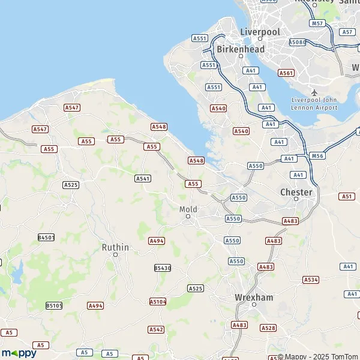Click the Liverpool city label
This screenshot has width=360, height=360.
260,31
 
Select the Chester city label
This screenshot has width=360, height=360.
296,192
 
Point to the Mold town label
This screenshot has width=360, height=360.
188,209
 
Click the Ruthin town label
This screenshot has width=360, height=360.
115,247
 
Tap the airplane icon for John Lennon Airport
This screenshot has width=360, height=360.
314,92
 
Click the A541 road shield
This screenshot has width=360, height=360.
143,178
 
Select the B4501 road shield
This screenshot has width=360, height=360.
46,238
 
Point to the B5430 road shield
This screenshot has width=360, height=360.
163,268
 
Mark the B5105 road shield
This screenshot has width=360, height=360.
54,305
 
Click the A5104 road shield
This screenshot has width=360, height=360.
158,301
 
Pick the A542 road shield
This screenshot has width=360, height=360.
156,329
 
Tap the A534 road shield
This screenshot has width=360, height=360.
311,280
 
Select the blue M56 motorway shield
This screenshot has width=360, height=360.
317,156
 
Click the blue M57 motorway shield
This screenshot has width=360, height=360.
318,23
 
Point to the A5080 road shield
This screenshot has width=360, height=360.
297,42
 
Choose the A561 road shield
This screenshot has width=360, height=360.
286,73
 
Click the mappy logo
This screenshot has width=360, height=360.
19,353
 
